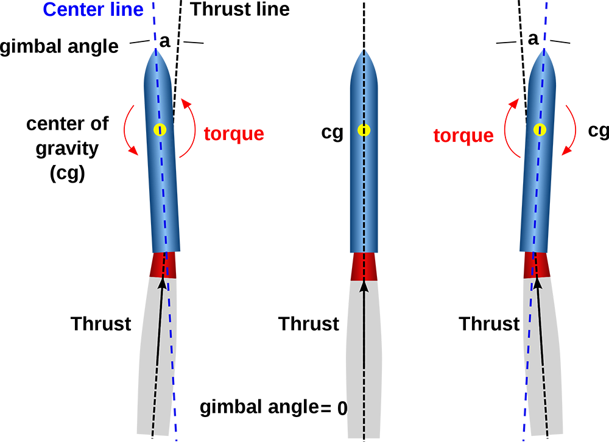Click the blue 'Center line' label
pyautogui.click(x=93, y=9)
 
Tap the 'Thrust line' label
pyautogui.click(x=240, y=9)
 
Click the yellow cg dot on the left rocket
pyautogui.click(x=160, y=130)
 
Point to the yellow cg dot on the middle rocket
pyautogui.click(x=364, y=130)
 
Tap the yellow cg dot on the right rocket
pyautogui.click(x=540, y=130)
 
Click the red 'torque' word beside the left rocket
pyautogui.click(x=234, y=134)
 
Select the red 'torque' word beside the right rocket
pyautogui.click(x=463, y=136)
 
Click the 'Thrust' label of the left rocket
pyautogui.click(x=101, y=324)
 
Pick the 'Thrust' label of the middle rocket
pyautogui.click(x=309, y=324)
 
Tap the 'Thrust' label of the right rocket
pyautogui.click(x=489, y=324)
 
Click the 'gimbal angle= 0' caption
pyautogui.click(x=273, y=408)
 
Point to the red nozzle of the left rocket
pyautogui.click(x=163, y=265)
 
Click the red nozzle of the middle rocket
pyautogui.click(x=364, y=267)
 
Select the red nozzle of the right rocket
pyautogui.click(x=537, y=265)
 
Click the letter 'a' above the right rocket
pyautogui.click(x=533, y=39)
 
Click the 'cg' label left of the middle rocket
pyautogui.click(x=333, y=133)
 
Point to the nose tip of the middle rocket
pyautogui.click(x=364, y=50)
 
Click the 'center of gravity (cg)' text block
pyautogui.click(x=68, y=149)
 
